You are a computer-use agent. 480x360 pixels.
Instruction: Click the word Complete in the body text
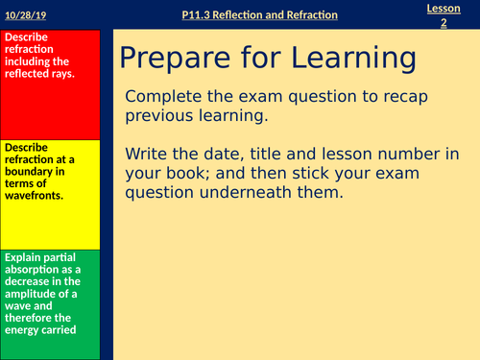(162, 96)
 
